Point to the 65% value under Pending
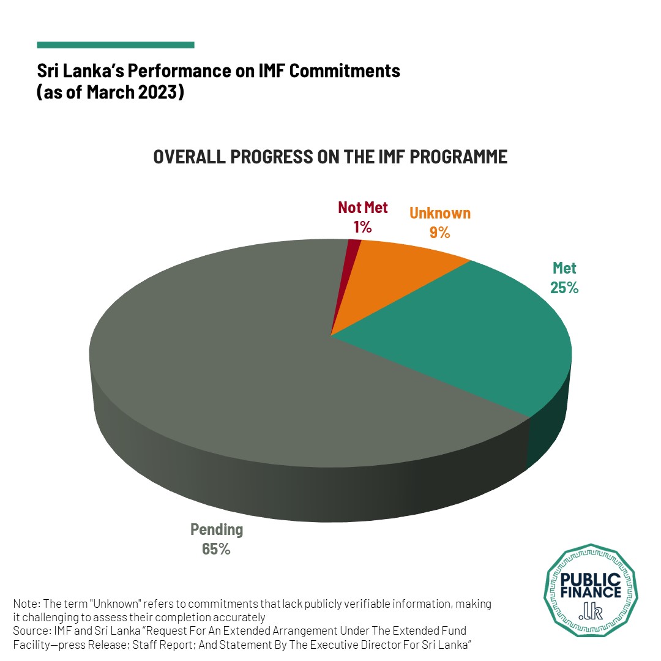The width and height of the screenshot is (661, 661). [x=216, y=549]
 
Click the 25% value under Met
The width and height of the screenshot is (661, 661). [x=564, y=287]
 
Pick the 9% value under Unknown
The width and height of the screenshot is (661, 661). [x=439, y=233]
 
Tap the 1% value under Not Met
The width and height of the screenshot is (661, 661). [x=362, y=227]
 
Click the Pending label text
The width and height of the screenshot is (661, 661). [x=217, y=529]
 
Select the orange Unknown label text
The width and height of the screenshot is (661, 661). [x=440, y=213]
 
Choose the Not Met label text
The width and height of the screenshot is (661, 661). [x=363, y=207]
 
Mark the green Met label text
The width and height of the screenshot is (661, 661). [x=564, y=267]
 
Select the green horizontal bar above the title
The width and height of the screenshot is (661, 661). [x=116, y=45]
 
